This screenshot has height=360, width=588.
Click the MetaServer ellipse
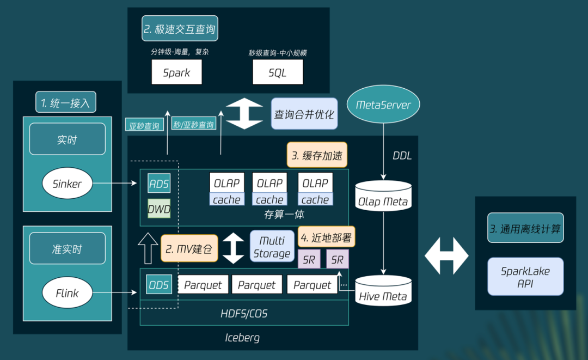coord(383,104)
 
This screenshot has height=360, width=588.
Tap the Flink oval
coord(68,293)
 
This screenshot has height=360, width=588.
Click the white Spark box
coord(176,72)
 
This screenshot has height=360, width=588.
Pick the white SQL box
coord(278,72)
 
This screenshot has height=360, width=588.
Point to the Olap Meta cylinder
coord(383,197)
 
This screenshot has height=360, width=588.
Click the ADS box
coord(159,184)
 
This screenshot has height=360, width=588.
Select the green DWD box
coord(159,209)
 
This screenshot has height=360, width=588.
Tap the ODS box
coord(159,284)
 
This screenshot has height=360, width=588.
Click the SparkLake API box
coord(525,277)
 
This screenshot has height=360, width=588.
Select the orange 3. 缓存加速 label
coord(317,156)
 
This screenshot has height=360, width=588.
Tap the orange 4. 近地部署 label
coord(326,237)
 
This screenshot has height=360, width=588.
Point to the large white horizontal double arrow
coord(446,255)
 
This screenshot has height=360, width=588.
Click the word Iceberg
coord(242,338)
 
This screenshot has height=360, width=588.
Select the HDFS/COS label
coord(244,314)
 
